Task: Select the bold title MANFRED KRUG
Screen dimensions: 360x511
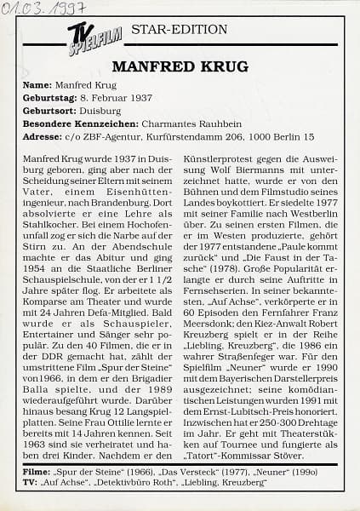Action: (x=180, y=66)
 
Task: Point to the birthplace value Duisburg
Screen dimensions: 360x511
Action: (x=106, y=111)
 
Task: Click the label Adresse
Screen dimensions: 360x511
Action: (x=41, y=135)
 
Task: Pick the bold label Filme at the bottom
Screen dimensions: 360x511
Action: (x=36, y=470)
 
